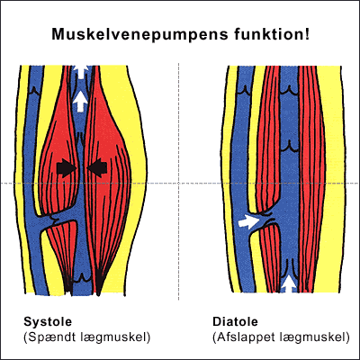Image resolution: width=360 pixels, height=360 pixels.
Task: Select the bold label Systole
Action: tap(48, 322)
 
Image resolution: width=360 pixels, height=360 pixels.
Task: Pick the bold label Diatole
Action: tap(235, 321)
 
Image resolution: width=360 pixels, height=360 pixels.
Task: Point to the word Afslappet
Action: tap(243, 337)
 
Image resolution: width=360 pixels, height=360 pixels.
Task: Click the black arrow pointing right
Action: tap(67, 167)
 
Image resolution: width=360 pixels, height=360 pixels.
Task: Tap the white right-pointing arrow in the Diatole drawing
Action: tap(248, 221)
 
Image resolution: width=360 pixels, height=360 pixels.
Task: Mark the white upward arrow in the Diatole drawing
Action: tap(289, 284)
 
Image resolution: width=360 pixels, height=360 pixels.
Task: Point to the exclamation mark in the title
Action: tap(307, 34)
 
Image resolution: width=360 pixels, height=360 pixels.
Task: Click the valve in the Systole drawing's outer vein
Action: tap(34, 91)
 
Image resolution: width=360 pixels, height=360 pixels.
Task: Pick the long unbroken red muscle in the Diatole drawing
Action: tap(312, 178)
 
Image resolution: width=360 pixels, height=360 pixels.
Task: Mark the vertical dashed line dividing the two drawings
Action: tap(179, 182)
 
